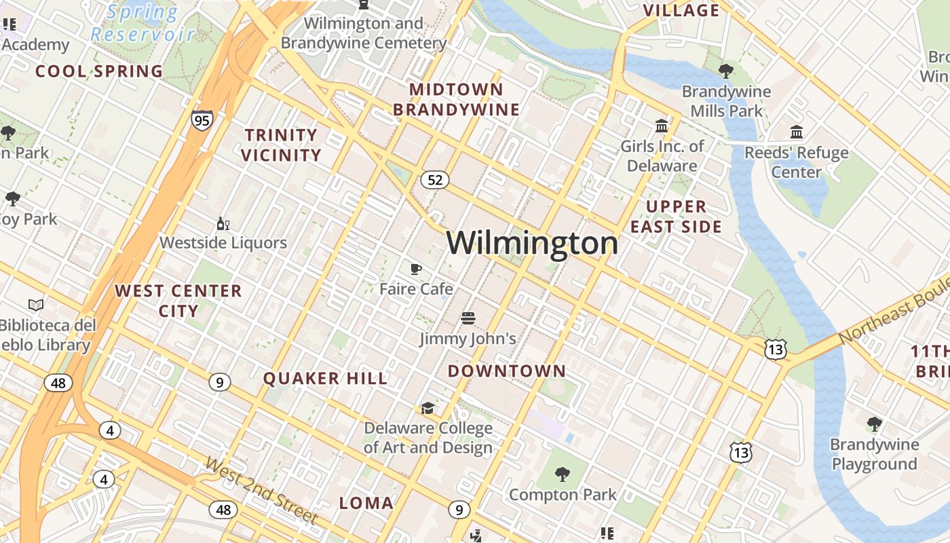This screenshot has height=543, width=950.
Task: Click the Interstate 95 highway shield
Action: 202,120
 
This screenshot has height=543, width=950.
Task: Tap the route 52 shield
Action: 435,180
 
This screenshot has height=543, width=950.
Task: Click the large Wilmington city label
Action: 532,243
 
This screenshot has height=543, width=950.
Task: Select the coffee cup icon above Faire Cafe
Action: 416,269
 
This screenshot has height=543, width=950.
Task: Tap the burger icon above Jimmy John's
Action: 468,318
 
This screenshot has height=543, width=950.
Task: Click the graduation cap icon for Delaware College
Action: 427,408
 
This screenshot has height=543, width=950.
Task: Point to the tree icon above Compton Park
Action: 562,474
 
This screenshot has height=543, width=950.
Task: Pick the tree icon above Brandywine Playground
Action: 875,424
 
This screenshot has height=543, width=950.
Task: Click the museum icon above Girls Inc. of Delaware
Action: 662,126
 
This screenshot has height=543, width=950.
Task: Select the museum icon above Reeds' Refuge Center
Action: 797,132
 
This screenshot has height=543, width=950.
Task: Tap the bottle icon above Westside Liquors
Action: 223,223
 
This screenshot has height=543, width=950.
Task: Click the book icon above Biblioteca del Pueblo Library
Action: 36,305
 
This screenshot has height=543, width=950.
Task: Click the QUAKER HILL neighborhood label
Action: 325,379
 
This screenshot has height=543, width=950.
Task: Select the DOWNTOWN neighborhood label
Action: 506,371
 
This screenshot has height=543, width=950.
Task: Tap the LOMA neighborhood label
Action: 366,503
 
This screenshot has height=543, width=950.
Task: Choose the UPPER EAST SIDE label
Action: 676,217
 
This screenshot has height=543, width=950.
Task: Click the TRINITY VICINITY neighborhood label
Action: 281,145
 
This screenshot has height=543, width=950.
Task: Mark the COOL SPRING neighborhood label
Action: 99,71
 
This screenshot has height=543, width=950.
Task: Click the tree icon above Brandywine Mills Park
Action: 726,71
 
